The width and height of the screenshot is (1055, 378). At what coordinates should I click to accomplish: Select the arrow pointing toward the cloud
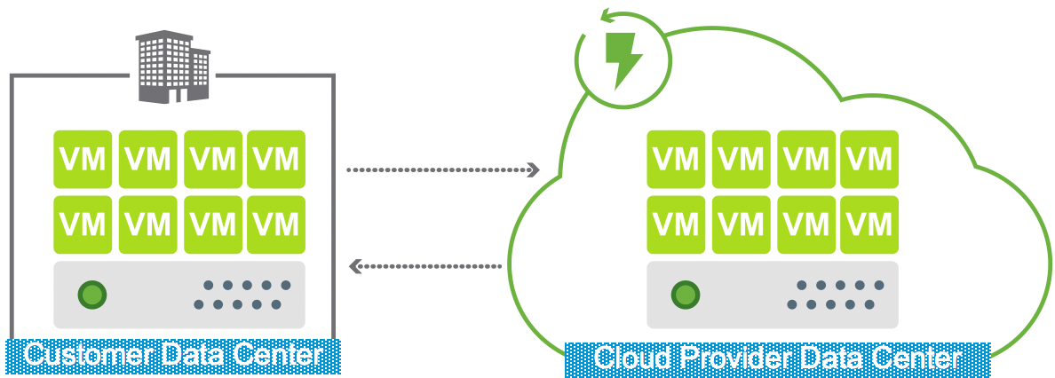(x=444, y=169)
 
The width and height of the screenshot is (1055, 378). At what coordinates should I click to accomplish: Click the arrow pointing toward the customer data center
(x=426, y=265)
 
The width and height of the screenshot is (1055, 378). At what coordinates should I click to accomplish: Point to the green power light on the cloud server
(x=685, y=294)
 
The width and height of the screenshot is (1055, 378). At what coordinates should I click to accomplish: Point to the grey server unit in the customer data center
(x=178, y=295)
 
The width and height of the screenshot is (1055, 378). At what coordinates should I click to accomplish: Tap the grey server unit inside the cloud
(x=772, y=295)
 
